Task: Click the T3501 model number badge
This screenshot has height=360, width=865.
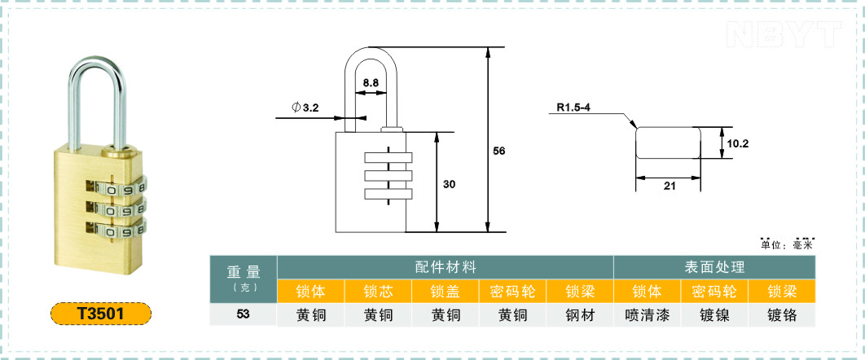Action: click(x=101, y=313)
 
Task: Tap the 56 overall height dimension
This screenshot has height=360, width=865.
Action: click(x=499, y=151)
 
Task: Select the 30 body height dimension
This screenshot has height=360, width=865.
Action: click(x=449, y=185)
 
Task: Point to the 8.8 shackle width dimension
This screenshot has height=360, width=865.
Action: click(x=370, y=83)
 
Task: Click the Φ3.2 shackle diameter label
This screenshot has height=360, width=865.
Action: click(x=305, y=108)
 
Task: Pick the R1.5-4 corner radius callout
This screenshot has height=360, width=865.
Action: click(x=573, y=108)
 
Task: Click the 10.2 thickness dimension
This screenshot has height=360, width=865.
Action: click(x=738, y=143)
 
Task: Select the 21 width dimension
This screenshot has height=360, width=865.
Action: click(x=670, y=187)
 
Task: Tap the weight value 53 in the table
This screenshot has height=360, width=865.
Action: click(x=244, y=314)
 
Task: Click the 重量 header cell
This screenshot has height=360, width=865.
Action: click(x=244, y=279)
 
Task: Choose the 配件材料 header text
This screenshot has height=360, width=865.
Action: click(x=446, y=267)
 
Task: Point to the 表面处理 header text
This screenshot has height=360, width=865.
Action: click(x=714, y=267)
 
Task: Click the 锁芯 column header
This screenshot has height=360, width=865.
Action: click(x=379, y=291)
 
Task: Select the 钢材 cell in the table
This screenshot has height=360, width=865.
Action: click(x=581, y=314)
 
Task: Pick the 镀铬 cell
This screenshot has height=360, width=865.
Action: click(x=782, y=314)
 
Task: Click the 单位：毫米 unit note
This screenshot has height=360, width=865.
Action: click(x=787, y=245)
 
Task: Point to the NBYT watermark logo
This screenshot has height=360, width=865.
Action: click(x=784, y=34)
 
